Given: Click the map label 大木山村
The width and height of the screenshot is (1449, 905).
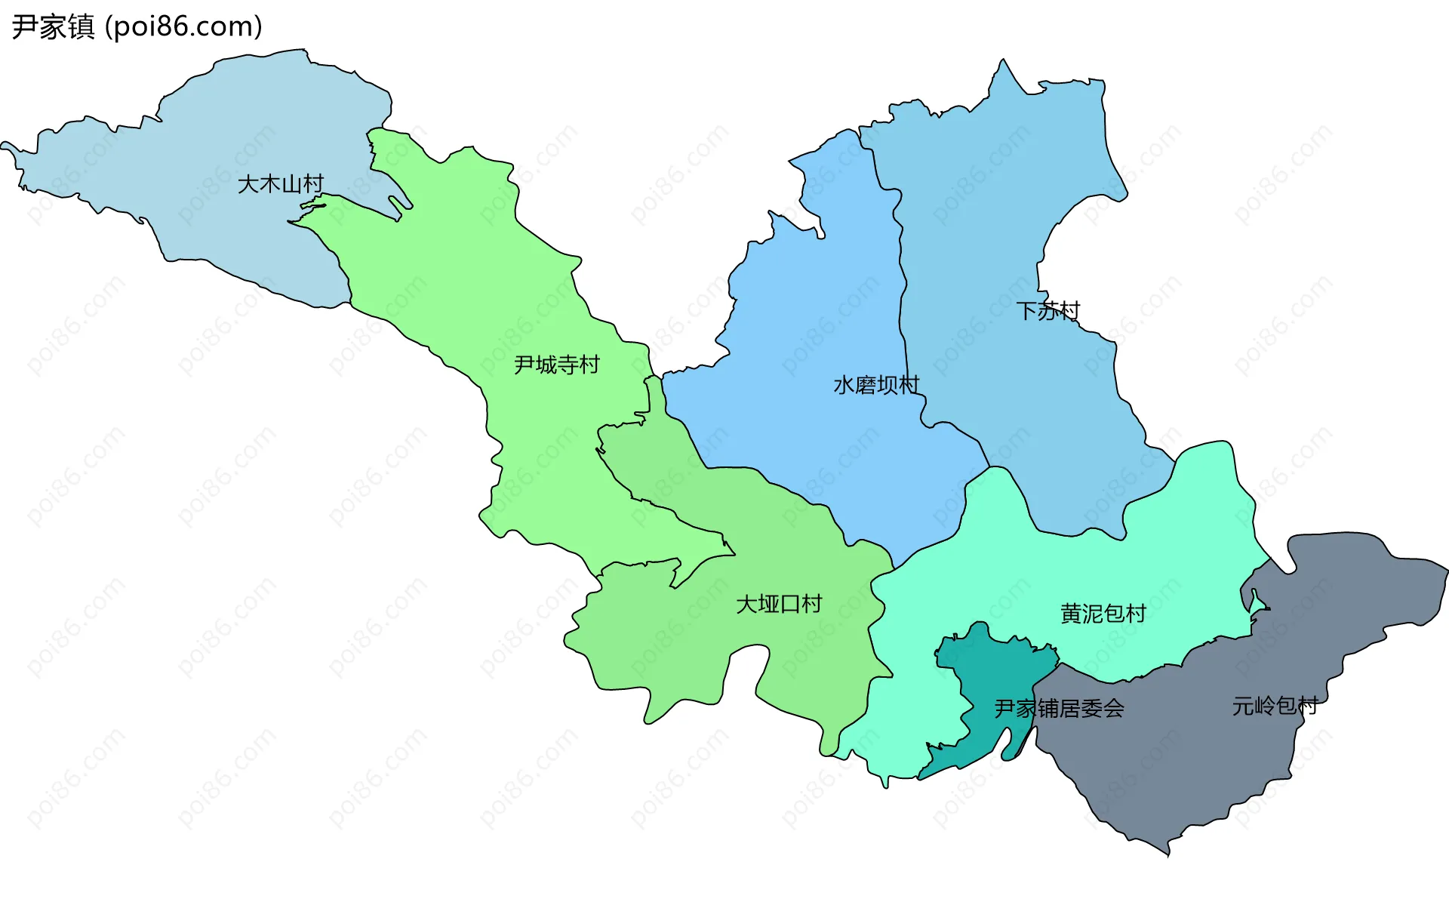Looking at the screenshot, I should point(280,184).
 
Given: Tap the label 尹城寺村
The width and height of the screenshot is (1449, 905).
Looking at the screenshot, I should point(556,365).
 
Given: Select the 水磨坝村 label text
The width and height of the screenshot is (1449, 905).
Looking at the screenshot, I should point(876,386).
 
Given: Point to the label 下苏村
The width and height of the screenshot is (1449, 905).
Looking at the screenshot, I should point(1048,311).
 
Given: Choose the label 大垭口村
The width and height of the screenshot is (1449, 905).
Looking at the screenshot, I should point(779,605).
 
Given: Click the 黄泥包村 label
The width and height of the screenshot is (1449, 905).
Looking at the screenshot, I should point(1103,614).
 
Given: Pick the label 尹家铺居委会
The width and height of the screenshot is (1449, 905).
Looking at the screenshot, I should point(1059,709).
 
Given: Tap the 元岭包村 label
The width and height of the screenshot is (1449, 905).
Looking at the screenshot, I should point(1275,706).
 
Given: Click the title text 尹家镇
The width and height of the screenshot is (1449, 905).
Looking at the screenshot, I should point(53,27).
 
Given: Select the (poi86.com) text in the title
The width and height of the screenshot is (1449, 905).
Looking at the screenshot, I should point(183,27).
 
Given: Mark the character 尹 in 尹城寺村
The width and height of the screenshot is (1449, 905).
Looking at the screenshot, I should point(525,365).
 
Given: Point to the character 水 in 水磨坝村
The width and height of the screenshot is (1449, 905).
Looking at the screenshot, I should point(844,386).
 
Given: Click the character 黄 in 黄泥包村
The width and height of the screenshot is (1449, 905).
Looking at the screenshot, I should point(1071,614).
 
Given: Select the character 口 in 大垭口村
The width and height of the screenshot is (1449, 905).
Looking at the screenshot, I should point(790,605).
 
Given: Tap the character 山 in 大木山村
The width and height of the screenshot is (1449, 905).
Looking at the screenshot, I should point(291,184).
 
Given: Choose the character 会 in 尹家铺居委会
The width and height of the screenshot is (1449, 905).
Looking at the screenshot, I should point(1113,709).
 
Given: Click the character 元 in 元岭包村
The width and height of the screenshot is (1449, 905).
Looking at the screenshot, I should point(1243,706).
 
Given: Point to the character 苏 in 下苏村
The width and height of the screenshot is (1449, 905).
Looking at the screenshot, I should point(1048,311).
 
